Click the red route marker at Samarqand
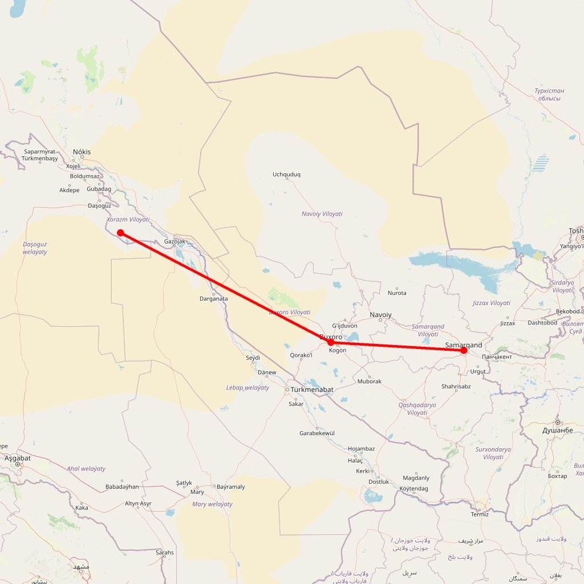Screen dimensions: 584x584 pyautogui.click(x=464, y=350)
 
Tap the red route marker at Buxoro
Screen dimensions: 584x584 pyautogui.click(x=331, y=342)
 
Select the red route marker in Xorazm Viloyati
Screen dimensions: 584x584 pyautogui.click(x=120, y=232)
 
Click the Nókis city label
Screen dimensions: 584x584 pyautogui.click(x=82, y=152)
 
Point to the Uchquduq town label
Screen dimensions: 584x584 pyautogui.click(x=286, y=175)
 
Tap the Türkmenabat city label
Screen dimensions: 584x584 pyautogui.click(x=311, y=390)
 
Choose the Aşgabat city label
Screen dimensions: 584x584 pyautogui.click(x=18, y=458)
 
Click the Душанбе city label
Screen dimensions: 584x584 pyautogui.click(x=557, y=430)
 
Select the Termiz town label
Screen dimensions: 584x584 pyautogui.click(x=480, y=514)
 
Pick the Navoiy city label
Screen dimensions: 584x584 pyautogui.click(x=380, y=315)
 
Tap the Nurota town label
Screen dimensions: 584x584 pyautogui.click(x=397, y=293)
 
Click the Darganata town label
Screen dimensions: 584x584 pyautogui.click(x=214, y=299)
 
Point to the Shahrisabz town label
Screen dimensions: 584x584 pyautogui.click(x=456, y=386)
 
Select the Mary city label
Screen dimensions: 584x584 pyautogui.click(x=197, y=492)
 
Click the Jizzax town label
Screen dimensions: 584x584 pyautogui.click(x=507, y=323)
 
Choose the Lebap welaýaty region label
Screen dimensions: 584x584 pyautogui.click(x=248, y=388)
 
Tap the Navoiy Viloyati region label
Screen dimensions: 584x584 pyautogui.click(x=322, y=214)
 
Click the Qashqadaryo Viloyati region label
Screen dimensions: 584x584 pyautogui.click(x=417, y=408)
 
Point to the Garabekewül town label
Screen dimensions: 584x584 pyautogui.click(x=317, y=433)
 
